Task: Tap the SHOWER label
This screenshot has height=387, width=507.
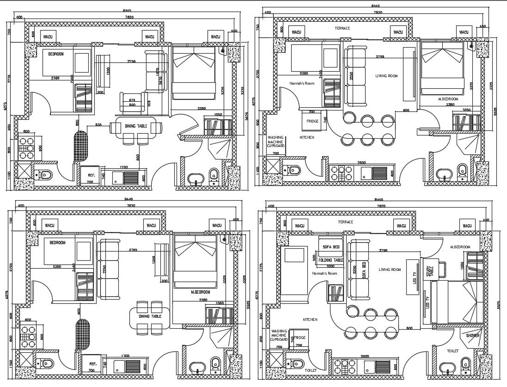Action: coord(472,336)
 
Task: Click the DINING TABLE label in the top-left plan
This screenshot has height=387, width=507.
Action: coord(136,125)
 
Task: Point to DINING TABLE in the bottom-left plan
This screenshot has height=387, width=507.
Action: coord(149,316)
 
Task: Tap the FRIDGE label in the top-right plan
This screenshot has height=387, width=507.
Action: coord(312,122)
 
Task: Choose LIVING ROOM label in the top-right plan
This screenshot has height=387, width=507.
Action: coord(386,76)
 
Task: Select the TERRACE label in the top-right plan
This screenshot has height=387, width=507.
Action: coord(342,28)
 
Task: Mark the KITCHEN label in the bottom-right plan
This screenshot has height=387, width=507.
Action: coord(310,319)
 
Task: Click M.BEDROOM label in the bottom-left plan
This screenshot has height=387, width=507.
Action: coord(200,292)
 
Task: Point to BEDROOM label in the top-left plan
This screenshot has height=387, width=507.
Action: coord(56,54)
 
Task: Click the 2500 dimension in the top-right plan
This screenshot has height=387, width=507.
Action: coord(361,163)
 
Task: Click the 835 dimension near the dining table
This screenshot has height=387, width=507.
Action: coord(98,125)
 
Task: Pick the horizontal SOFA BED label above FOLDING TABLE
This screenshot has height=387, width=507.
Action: coord(331,247)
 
